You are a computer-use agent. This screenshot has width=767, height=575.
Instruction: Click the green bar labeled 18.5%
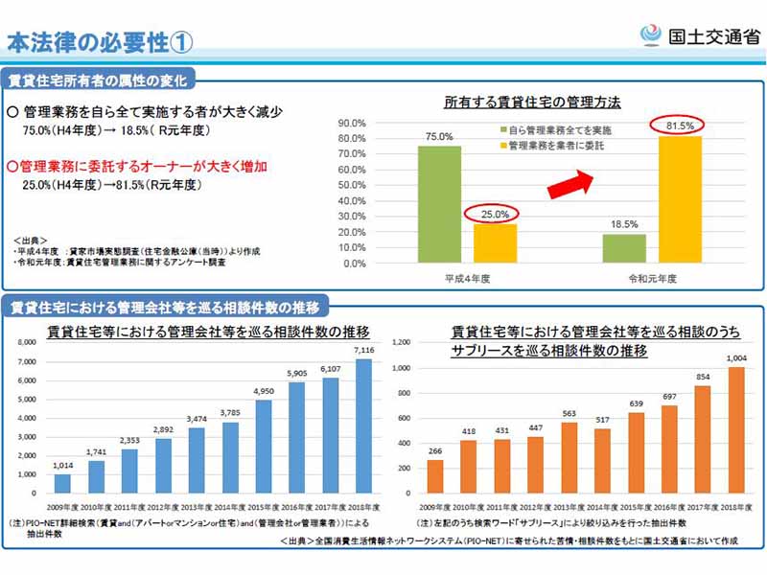[624, 248]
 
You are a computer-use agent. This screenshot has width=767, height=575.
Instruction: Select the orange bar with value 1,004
[737, 429]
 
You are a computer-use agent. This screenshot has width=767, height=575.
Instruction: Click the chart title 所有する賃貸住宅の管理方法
[533, 101]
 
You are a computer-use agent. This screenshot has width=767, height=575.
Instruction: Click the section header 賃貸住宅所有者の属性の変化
[97, 80]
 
